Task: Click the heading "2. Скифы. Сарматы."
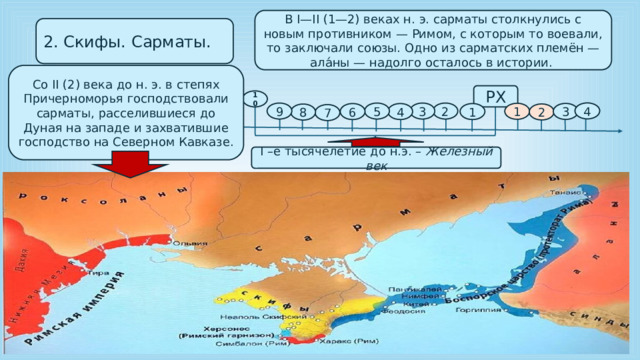[x=124, y=43]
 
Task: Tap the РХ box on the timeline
[x=495, y=96]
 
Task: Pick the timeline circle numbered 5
[x=376, y=111]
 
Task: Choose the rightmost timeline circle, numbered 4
[x=589, y=112]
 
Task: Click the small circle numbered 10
[x=255, y=99]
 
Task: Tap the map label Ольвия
[x=190, y=243]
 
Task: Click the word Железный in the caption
[x=466, y=151]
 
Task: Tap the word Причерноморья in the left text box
[x=97, y=103]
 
